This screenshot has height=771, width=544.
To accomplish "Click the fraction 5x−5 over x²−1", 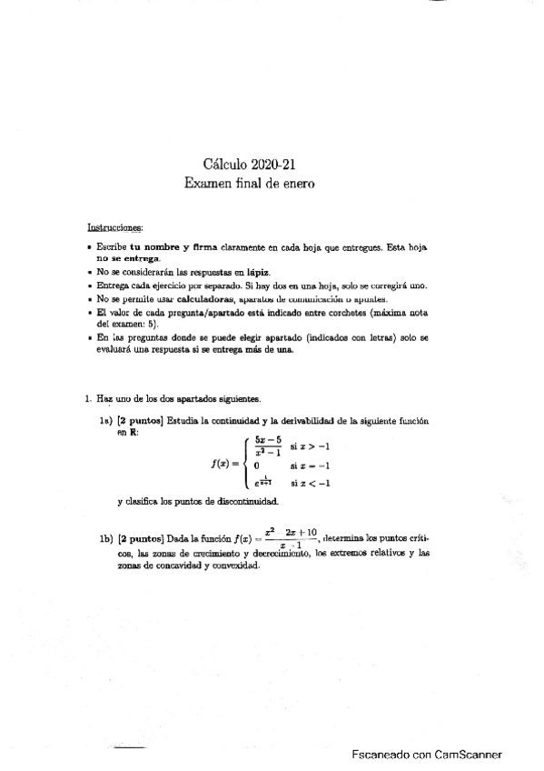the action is click(270, 445).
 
